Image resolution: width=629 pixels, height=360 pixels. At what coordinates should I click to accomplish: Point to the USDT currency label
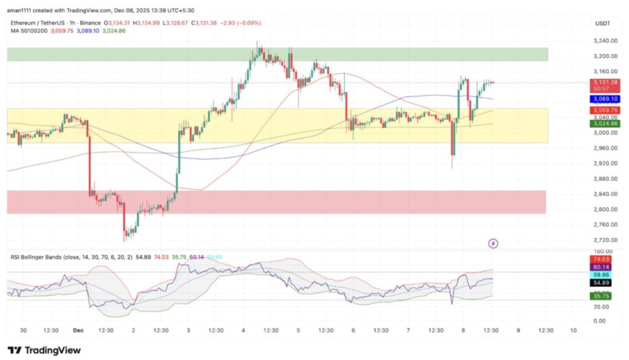click(x=603, y=23)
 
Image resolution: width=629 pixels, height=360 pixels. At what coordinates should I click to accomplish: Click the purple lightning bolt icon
click(x=493, y=243)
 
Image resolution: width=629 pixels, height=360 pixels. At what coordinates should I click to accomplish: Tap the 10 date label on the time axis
click(x=572, y=330)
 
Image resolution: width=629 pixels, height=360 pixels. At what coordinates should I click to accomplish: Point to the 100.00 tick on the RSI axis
click(x=603, y=252)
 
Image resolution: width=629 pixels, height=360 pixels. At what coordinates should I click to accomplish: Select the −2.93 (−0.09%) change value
click(x=241, y=23)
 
